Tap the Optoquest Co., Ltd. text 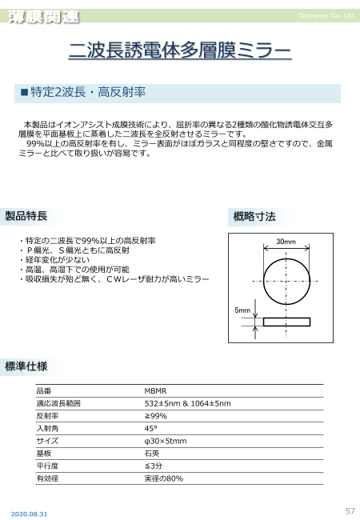coord(325,15)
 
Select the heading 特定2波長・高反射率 coord(87,93)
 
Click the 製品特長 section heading coord(26,216)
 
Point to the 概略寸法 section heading coord(253,216)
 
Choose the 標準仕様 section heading coord(26,366)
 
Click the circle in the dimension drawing coord(286,279)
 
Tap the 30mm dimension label coord(286,241)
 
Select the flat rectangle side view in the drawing coord(286,322)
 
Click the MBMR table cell coord(155,391)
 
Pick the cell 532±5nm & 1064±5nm coord(187,404)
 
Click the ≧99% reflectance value coord(156,416)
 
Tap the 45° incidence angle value coord(150,429)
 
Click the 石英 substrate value coord(152,453)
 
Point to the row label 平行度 coord(48,466)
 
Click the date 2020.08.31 coord(29,513)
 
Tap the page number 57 coord(350,510)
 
